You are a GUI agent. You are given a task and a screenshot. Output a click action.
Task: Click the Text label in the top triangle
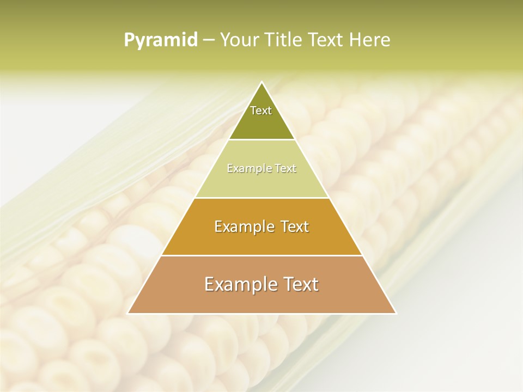tap(261, 111)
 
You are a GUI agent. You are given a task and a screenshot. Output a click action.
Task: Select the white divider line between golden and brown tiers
tap(262, 255)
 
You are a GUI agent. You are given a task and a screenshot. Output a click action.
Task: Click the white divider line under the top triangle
tap(262, 140)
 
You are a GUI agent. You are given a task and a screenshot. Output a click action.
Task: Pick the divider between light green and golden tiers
tap(262, 198)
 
